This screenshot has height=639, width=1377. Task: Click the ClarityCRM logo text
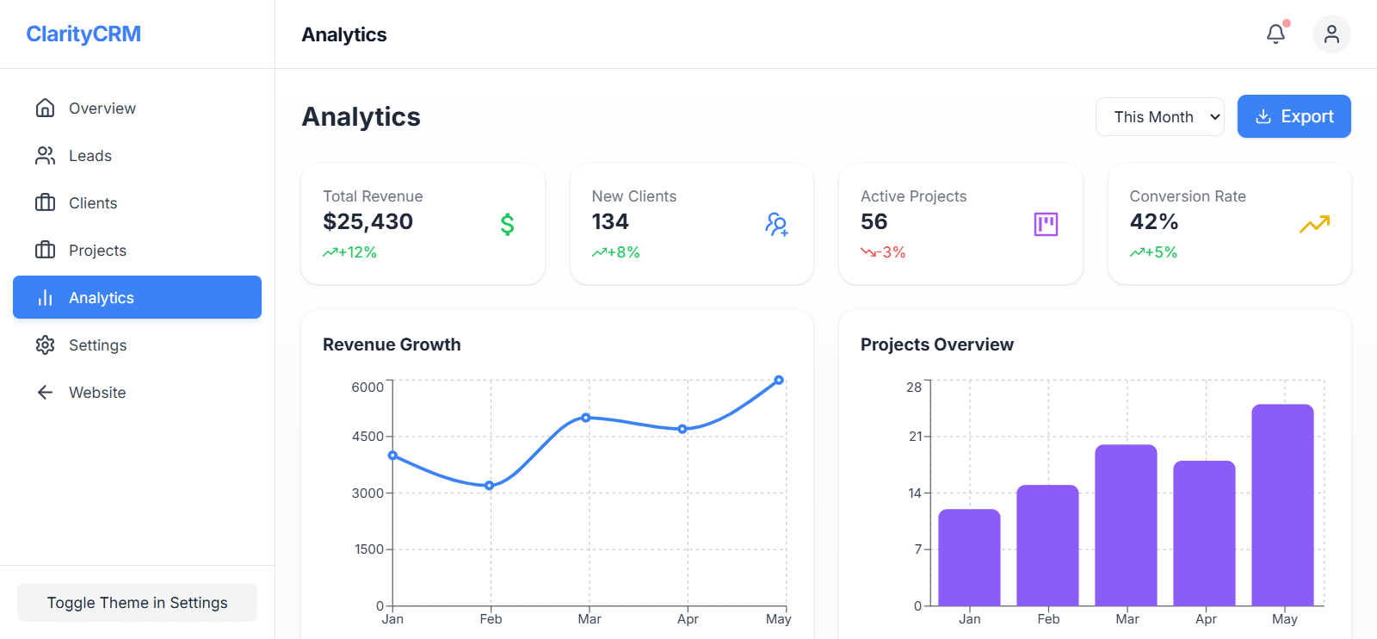coord(83,34)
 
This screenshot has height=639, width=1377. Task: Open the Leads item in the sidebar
coord(90,156)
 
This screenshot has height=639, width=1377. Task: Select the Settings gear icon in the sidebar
coord(46,345)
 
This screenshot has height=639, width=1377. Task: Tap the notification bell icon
coord(1275,34)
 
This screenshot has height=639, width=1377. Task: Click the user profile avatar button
coord(1331,34)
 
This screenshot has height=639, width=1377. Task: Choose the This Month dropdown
coord(1159,117)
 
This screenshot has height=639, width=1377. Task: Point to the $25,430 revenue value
coord(367,222)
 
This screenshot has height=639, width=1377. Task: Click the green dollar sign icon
coord(508,225)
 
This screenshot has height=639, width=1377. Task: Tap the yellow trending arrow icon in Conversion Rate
coord(1314,225)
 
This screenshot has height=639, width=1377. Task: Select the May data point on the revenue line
coord(779,380)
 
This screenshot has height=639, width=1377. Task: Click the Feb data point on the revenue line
coord(490,486)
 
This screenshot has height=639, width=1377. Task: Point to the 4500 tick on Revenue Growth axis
coord(367,437)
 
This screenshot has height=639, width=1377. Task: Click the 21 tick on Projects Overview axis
coord(915,437)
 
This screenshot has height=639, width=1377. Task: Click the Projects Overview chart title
coord(936,344)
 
